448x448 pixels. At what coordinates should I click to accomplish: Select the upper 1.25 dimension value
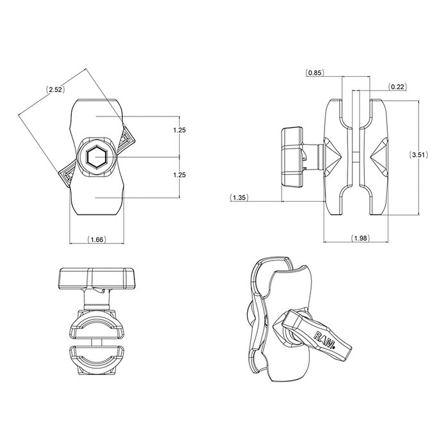[180, 131]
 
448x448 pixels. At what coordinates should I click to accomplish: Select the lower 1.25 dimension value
[180, 174]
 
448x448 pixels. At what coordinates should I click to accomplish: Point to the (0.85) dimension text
[314, 72]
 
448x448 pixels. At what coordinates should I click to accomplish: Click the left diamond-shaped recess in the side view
[333, 156]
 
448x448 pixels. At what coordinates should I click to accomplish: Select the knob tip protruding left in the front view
[68, 175]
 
